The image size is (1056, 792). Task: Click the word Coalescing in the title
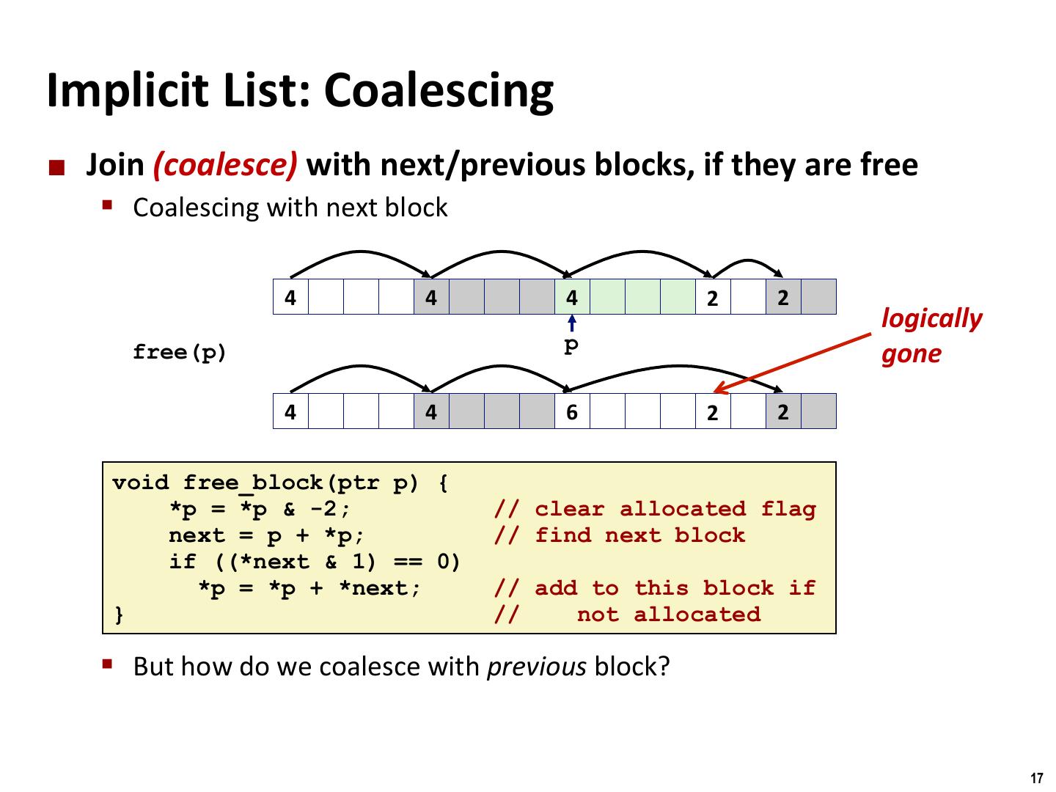(438, 91)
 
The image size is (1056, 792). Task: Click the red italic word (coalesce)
(225, 165)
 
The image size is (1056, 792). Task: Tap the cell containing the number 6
(572, 412)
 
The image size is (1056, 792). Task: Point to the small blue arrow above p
(572, 323)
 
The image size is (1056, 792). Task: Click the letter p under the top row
(571, 345)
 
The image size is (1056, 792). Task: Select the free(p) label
(180, 353)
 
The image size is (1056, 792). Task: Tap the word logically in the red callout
(931, 319)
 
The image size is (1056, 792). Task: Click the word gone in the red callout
(911, 354)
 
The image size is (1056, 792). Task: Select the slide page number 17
(1036, 779)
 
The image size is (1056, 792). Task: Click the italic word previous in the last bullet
(537, 667)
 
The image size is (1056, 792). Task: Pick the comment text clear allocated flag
(675, 509)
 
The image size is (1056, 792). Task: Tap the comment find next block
(639, 535)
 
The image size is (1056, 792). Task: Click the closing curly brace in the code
(119, 615)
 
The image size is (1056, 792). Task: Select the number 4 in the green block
(572, 298)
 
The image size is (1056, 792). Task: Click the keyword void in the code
(140, 483)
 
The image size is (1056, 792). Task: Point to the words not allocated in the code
(668, 615)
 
